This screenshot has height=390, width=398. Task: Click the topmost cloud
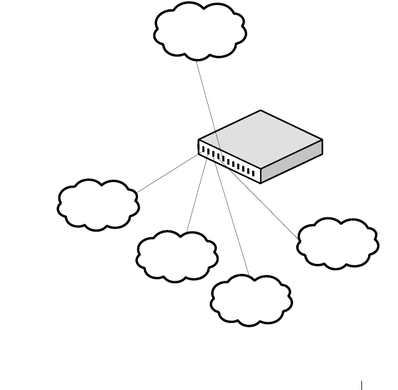point(199,31)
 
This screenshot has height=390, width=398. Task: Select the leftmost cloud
point(98,206)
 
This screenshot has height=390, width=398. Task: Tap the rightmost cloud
point(338,243)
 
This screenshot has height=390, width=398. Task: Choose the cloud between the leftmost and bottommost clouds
point(177,257)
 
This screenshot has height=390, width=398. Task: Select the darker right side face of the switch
point(292,161)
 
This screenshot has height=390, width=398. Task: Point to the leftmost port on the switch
point(204,149)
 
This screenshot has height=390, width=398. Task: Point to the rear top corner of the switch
point(261,111)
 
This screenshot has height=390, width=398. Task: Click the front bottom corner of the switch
point(261,183)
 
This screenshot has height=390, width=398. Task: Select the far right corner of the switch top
point(322,140)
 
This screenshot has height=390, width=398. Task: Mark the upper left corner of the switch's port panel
point(199,140)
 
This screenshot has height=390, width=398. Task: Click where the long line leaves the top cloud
point(196,60)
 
